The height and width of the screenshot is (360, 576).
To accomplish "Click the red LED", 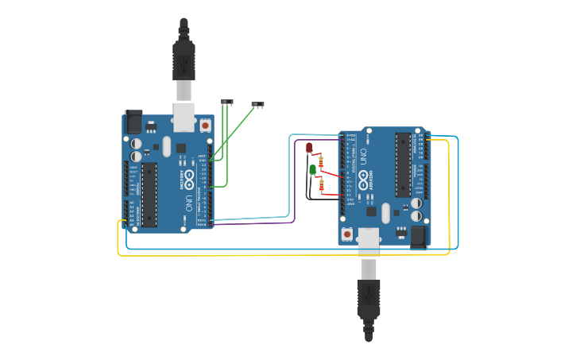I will click(309, 147).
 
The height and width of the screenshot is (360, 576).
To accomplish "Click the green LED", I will click(313, 168).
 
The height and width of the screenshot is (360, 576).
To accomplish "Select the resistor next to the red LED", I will click(320, 161).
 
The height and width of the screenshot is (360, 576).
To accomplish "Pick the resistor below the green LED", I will click(322, 186).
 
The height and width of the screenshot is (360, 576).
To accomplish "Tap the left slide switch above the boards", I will click(227, 102).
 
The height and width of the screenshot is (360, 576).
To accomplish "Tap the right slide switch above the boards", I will click(257, 104).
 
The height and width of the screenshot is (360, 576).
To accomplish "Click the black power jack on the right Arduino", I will click(419, 236).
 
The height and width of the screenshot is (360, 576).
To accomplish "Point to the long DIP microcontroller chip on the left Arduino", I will click(149, 194).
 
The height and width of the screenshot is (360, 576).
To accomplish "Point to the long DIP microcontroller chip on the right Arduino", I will click(404, 165).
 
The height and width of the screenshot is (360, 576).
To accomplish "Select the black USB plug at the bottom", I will click(369, 299).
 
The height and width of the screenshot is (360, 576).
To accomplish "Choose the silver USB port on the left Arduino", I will click(184, 116).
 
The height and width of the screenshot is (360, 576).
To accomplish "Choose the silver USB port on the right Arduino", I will click(369, 240).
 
